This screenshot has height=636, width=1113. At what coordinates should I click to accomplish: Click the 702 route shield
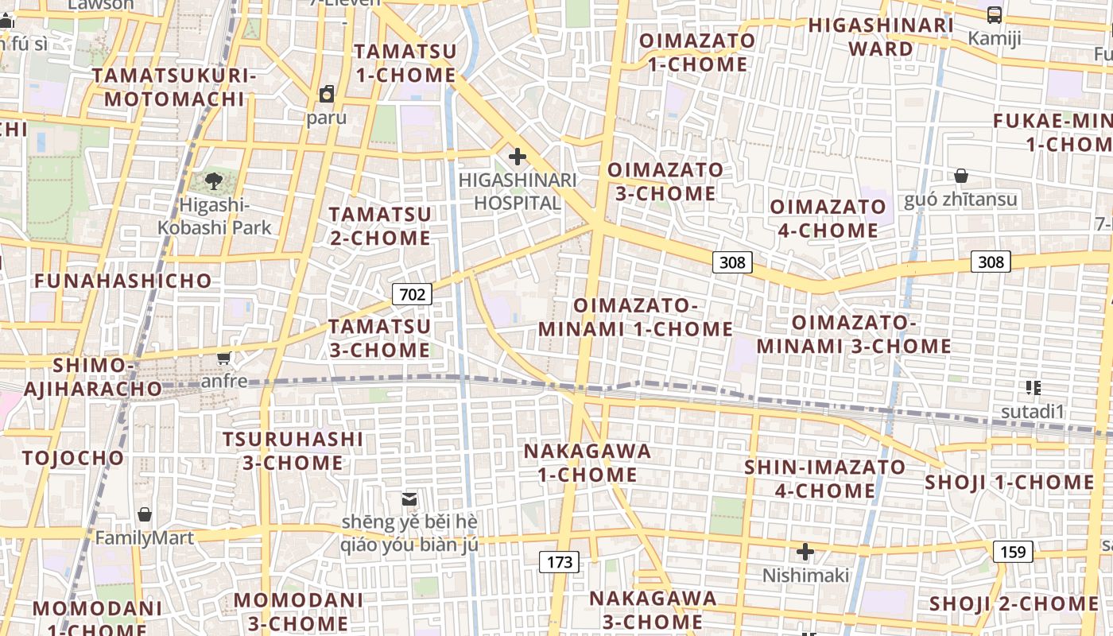(x=412, y=295)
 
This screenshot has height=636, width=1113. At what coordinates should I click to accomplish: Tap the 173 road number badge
(x=560, y=562)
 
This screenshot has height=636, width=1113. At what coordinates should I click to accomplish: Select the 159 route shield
(x=1012, y=551)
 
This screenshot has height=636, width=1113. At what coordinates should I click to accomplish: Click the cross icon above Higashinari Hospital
(x=517, y=157)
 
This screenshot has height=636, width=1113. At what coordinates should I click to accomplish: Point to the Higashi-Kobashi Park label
(x=214, y=216)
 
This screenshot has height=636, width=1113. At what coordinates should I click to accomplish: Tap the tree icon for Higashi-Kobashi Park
(x=214, y=182)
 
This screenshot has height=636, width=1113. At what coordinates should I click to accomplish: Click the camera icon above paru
(x=326, y=95)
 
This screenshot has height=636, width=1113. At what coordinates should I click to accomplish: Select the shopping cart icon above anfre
(x=224, y=359)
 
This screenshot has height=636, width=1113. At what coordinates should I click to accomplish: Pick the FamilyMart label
(x=145, y=538)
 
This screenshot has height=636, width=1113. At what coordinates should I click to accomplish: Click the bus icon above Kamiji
(x=994, y=15)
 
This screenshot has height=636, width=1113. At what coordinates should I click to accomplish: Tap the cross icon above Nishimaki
(x=805, y=551)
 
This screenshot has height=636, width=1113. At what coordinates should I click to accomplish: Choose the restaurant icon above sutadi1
(x=1033, y=388)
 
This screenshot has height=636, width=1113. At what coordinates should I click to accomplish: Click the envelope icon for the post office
(x=409, y=499)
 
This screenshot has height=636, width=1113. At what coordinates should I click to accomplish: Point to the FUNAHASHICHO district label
(x=123, y=281)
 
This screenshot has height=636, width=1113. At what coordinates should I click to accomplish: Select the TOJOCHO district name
(x=73, y=458)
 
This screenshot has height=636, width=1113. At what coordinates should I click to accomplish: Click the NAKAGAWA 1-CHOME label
(x=588, y=463)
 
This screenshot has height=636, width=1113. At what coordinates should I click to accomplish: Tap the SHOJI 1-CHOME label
(x=1010, y=483)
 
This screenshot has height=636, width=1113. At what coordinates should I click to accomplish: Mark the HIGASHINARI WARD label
(x=881, y=37)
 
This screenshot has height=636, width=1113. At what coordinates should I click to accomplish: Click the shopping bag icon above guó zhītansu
(x=960, y=176)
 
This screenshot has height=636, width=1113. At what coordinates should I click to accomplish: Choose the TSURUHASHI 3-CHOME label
(x=293, y=451)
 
